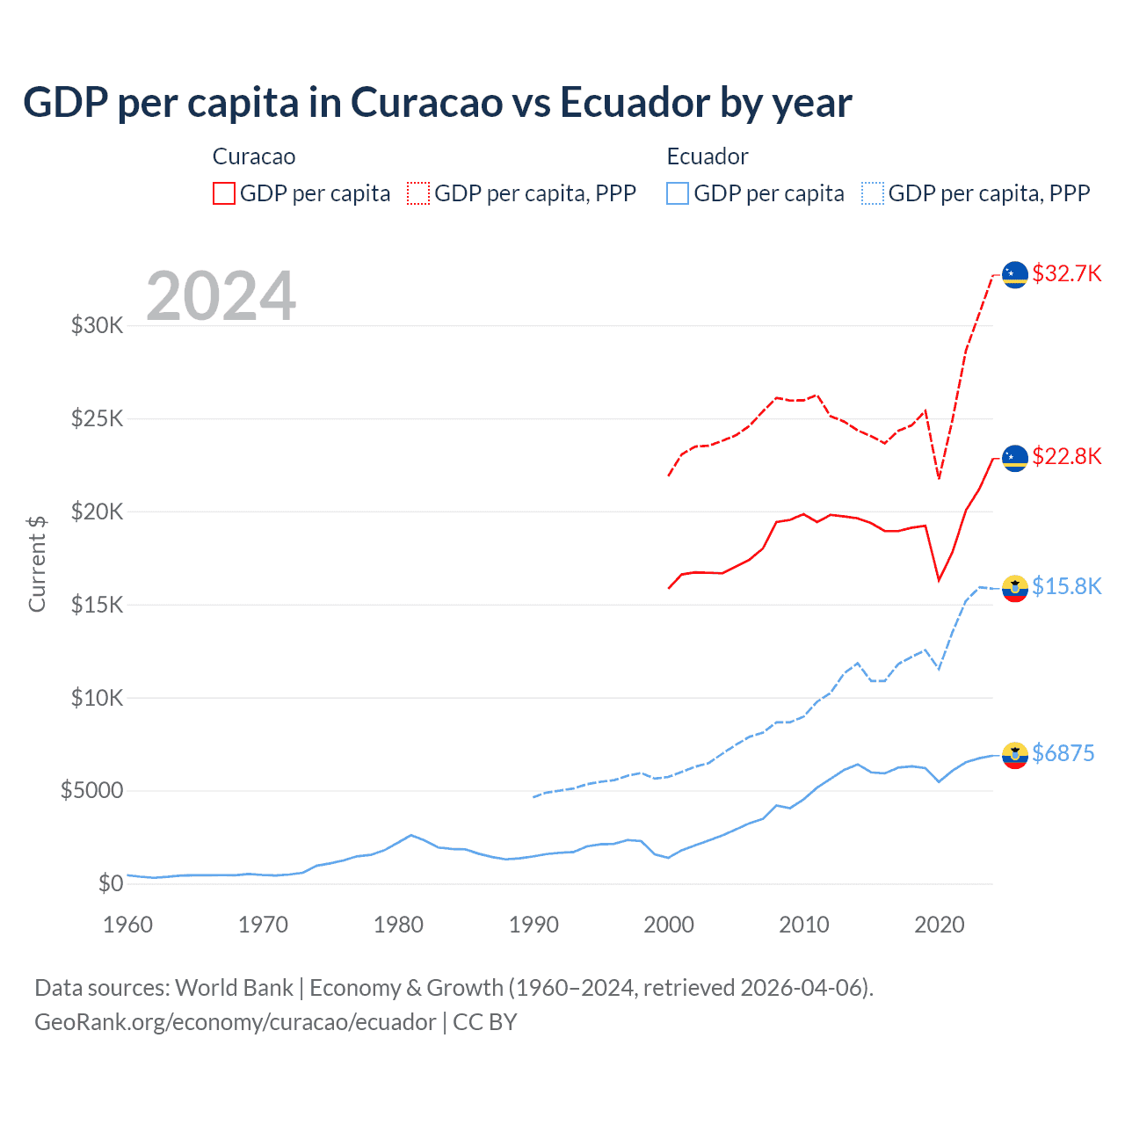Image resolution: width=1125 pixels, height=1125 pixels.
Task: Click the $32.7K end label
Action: point(1066,273)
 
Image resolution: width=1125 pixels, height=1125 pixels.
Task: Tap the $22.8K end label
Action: point(1066,456)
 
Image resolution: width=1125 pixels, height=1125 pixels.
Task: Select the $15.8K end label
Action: point(1066,586)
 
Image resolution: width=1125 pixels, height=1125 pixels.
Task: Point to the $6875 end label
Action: point(1063,753)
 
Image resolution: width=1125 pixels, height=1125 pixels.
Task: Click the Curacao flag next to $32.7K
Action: point(1015,274)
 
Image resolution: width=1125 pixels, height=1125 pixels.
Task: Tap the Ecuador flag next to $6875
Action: point(1015,755)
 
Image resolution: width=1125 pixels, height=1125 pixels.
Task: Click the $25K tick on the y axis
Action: point(98,418)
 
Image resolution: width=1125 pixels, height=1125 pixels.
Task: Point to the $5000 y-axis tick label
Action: point(91,791)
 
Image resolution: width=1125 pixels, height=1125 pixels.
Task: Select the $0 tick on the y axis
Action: point(110,883)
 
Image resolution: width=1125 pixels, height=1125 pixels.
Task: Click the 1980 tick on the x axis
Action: point(398,925)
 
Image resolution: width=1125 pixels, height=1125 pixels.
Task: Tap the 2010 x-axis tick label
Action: point(804,925)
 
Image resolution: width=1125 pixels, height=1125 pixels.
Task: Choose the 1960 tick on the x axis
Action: point(128,925)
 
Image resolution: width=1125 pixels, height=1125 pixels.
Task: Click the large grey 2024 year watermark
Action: point(221,296)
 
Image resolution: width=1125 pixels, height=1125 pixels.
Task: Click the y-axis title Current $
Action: point(37,564)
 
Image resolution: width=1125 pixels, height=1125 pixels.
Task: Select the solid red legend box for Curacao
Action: point(224,193)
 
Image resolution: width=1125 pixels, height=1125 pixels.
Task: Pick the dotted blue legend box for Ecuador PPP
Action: point(873,193)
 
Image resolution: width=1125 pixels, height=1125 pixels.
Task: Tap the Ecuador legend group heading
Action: point(707,156)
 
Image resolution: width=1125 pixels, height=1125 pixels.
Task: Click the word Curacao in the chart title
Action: point(426,102)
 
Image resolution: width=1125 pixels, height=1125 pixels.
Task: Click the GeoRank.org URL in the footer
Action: point(235,1022)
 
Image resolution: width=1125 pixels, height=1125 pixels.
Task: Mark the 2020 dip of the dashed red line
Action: point(940,478)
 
